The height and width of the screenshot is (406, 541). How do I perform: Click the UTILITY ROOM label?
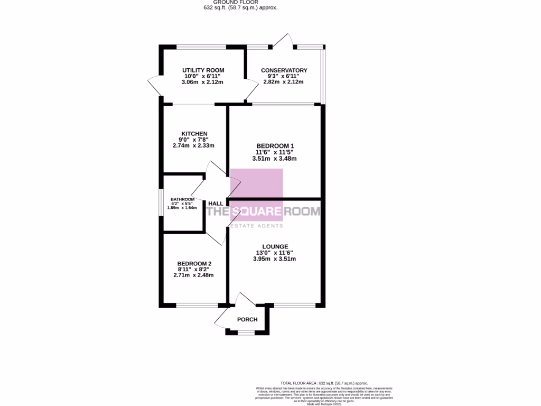(203, 70)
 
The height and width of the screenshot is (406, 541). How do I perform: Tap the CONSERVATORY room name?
(284, 70)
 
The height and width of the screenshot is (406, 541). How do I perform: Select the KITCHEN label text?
(194, 134)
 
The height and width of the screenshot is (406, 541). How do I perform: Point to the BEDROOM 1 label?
(275, 146)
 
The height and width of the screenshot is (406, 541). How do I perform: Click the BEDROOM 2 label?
(194, 264)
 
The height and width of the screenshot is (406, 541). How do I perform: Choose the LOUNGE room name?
(275, 246)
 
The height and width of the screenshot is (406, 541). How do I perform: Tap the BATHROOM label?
(182, 199)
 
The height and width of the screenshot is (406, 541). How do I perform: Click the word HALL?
(216, 204)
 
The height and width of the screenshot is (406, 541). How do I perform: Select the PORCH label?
(247, 319)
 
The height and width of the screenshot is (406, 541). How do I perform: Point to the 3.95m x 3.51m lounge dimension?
(275, 259)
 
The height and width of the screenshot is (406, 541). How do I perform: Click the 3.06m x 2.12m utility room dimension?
(203, 82)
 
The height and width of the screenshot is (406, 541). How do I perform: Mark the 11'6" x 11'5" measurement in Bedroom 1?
(275, 152)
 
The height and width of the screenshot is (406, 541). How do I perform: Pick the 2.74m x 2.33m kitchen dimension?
(194, 145)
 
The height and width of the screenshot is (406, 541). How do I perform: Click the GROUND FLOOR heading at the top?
(240, 2)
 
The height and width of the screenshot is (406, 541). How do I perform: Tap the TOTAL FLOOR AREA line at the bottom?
(324, 383)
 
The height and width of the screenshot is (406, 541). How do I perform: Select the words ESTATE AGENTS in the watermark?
(256, 226)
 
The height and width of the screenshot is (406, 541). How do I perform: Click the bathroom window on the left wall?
(161, 202)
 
